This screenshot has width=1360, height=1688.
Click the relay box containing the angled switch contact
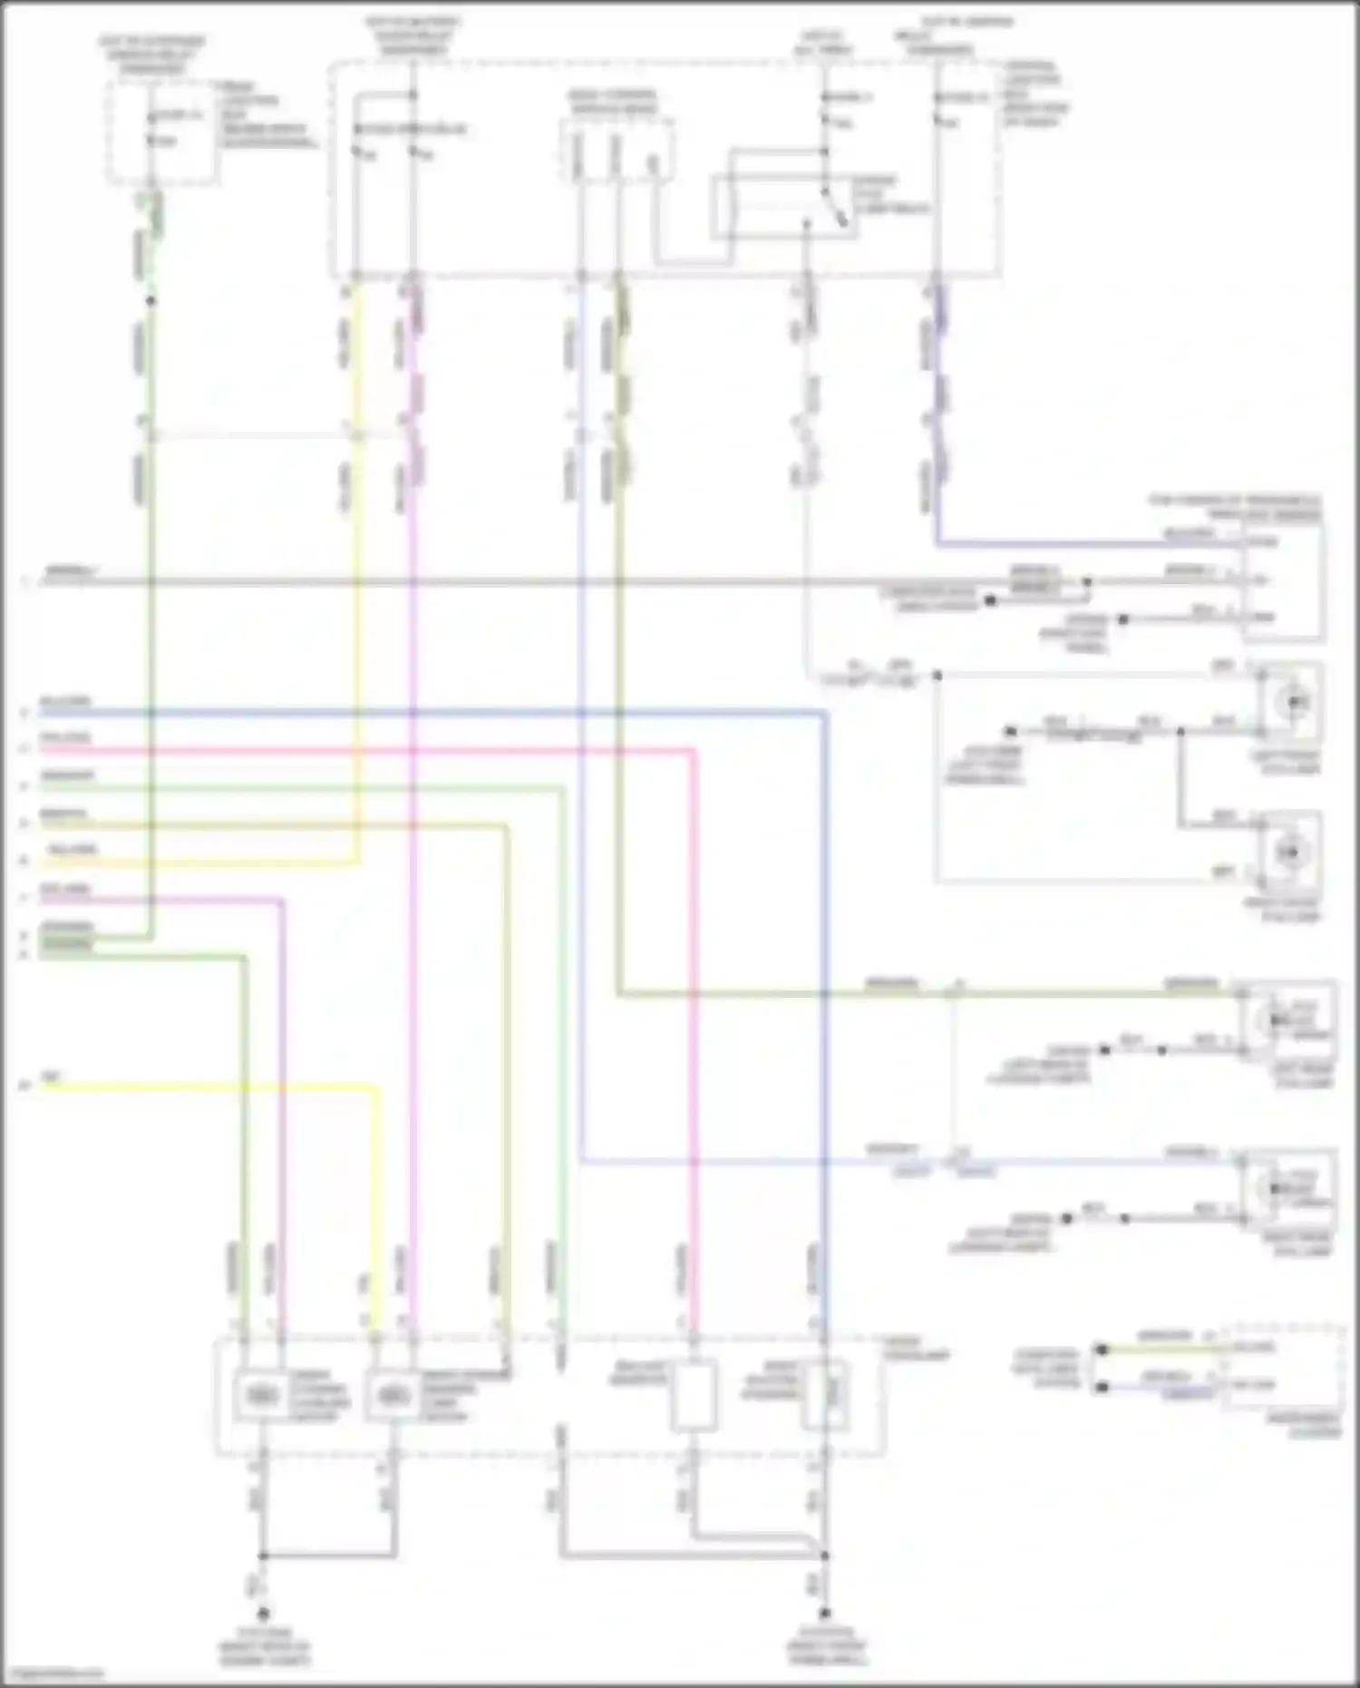point(785,208)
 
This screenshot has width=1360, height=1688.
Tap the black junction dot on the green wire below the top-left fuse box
point(151,300)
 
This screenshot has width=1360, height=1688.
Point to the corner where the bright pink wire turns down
point(695,751)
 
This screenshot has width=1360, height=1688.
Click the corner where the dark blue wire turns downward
point(825,715)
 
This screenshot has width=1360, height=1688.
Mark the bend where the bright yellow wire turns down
point(375,1085)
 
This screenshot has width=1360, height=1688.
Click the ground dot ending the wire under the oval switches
point(263,1614)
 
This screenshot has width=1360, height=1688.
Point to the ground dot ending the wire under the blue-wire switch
point(825,1614)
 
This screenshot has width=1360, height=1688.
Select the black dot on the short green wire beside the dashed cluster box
point(1102,1350)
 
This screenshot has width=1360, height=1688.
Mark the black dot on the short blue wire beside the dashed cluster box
point(1102,1388)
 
